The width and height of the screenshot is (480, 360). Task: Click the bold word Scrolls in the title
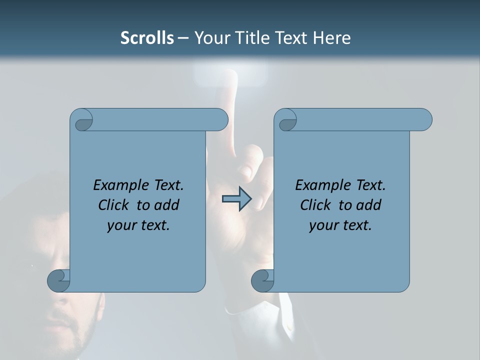click(147, 38)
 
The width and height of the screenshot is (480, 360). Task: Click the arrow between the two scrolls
click(236, 199)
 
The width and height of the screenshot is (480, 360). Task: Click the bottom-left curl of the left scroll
click(59, 280)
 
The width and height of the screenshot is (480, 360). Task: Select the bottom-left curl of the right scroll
click(262, 280)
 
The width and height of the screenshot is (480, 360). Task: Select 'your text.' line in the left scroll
click(138, 225)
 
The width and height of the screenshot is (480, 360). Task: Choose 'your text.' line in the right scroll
click(340, 225)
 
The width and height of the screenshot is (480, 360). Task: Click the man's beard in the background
click(75, 335)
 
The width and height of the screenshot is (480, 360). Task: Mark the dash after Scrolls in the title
click(183, 38)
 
